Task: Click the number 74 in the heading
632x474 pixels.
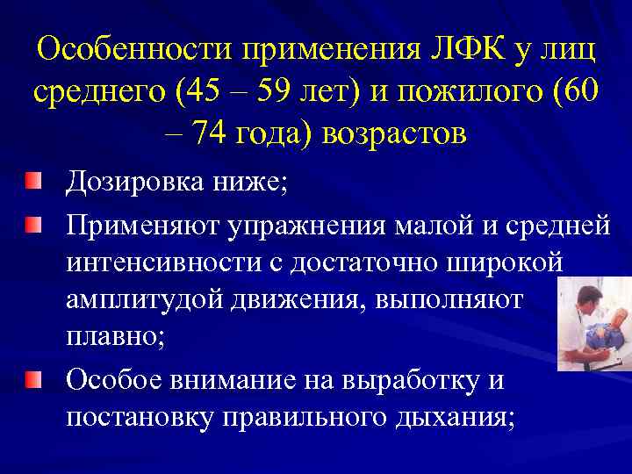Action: point(209,133)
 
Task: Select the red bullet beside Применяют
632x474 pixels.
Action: point(32,226)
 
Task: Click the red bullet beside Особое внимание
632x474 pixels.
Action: point(32,378)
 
